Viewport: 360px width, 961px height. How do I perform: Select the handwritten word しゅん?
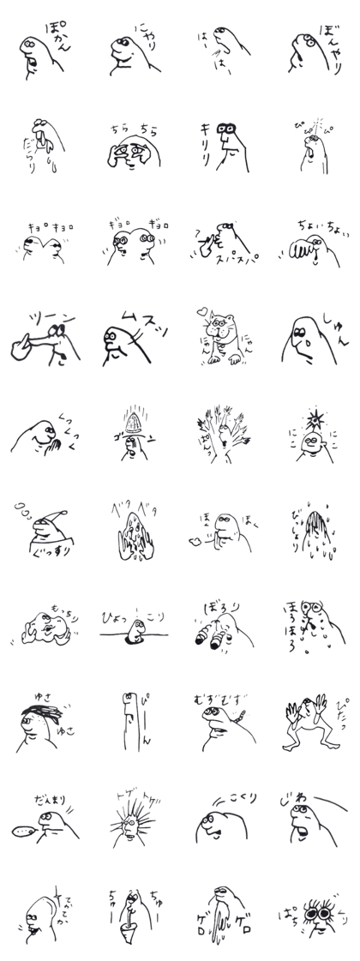335,323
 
